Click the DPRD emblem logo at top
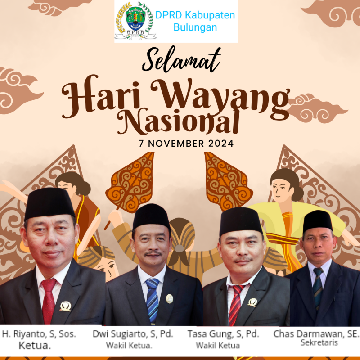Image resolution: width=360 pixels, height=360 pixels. [x=135, y=21]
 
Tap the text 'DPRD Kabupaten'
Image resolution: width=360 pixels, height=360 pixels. [x=195, y=15]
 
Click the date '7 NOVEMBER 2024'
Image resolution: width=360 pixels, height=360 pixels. [x=186, y=144]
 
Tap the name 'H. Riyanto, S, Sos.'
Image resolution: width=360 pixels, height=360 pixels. [x=39, y=334]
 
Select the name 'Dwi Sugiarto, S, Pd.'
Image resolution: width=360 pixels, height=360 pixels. [x=133, y=334]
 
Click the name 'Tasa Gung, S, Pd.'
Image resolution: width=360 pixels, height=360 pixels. [x=223, y=334]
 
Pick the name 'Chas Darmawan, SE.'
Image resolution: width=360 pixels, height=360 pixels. [x=316, y=334]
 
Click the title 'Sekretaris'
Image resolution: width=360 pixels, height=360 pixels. [x=319, y=342]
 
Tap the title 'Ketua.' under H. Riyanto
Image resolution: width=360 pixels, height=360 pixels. [x=35, y=345]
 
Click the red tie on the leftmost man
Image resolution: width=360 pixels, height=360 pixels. [x=49, y=301]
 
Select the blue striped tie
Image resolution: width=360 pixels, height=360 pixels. [x=153, y=300]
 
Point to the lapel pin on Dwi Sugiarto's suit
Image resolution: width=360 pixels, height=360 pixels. [x=170, y=299]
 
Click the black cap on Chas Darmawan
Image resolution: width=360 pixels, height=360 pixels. [x=318, y=221]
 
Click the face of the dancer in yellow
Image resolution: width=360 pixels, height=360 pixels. [x=280, y=190]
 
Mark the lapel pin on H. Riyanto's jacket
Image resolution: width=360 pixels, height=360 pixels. [x=65, y=306]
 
